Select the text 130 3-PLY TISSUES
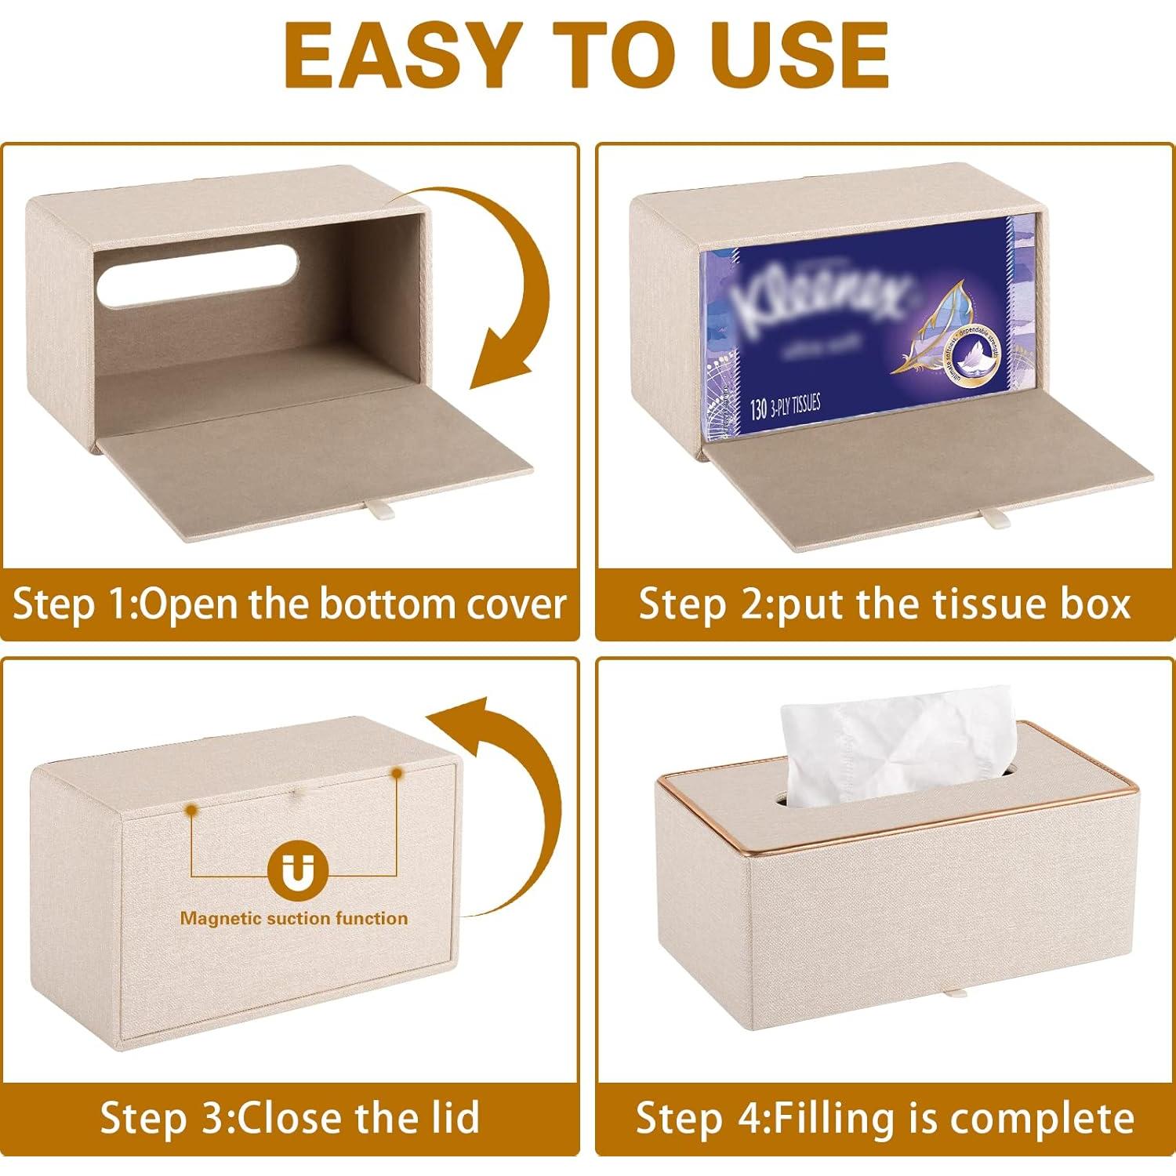coord(784,408)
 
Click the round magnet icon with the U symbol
coord(295,872)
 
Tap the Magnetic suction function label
coord(294,918)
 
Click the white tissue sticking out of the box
coord(894,753)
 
